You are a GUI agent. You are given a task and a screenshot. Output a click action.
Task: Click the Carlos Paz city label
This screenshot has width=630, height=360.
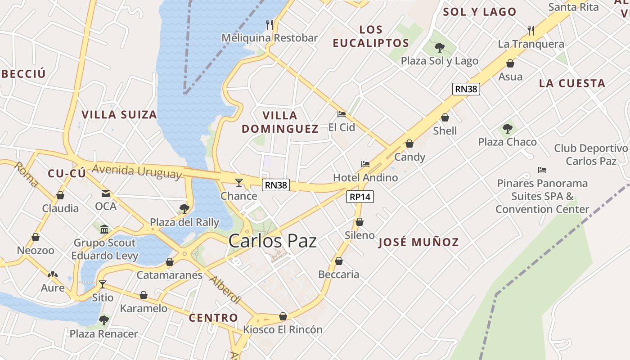click(x=272, y=241)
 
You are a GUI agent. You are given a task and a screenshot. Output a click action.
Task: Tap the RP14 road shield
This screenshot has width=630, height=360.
click(x=360, y=197)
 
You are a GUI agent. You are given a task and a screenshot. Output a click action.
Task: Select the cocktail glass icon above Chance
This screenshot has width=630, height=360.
click(x=239, y=182)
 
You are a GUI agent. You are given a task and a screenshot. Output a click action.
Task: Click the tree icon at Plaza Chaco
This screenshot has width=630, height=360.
click(x=508, y=129)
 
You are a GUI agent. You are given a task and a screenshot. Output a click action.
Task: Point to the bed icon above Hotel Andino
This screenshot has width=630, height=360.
click(x=365, y=164)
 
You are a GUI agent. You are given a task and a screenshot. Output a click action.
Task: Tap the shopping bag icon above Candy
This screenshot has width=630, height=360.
click(x=409, y=144)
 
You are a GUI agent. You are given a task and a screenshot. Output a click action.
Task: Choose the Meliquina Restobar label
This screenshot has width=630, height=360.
click(x=270, y=38)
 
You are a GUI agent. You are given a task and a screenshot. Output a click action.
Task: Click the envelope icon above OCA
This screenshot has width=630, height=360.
click(x=106, y=193)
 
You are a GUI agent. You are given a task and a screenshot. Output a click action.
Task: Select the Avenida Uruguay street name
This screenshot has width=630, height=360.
click(x=137, y=171)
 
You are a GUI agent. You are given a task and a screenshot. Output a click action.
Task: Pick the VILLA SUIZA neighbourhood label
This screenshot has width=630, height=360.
click(x=119, y=115)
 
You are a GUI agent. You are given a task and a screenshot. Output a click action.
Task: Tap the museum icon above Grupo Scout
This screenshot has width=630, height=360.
click(x=104, y=229)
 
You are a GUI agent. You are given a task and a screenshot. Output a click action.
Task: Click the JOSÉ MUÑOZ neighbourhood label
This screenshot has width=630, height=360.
click(x=418, y=242)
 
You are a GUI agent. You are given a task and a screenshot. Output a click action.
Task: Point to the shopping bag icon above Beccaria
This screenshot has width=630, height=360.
click(x=339, y=261)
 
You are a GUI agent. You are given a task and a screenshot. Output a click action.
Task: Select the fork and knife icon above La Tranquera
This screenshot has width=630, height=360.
click(x=531, y=31)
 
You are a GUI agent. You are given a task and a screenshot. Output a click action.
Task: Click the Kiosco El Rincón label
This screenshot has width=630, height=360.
click(x=283, y=329)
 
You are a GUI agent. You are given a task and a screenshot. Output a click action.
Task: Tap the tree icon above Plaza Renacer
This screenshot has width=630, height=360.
click(x=104, y=320)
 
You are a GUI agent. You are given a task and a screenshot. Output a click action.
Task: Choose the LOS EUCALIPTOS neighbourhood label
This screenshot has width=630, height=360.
click(x=371, y=36)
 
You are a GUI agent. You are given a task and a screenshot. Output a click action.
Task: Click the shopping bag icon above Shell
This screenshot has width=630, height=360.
click(x=445, y=117)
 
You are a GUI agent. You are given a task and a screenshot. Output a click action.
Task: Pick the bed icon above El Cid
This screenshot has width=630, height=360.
click(x=342, y=114)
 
